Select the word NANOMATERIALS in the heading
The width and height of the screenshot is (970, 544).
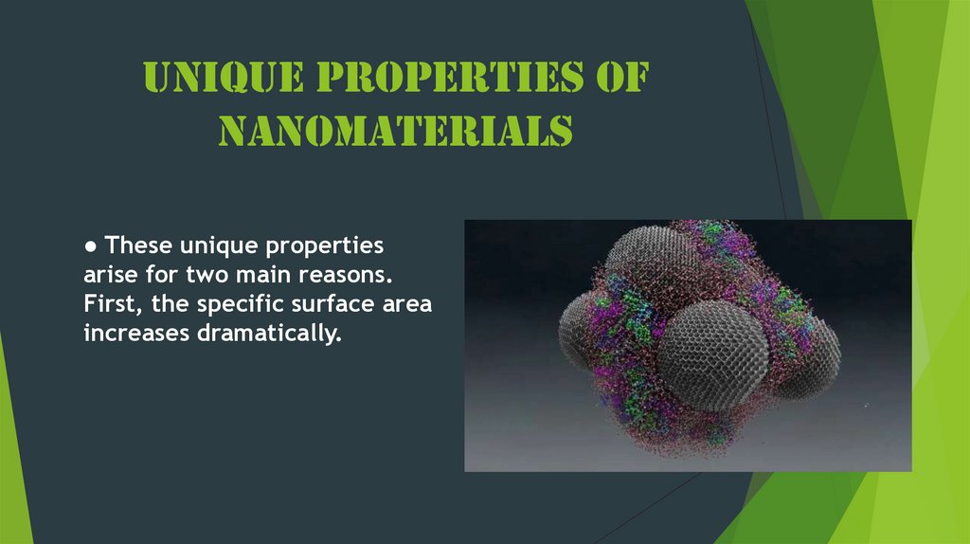pos(395,131)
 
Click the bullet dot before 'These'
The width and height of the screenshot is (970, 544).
pos(90,246)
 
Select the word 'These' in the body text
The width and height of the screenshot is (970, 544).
pos(137,246)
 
